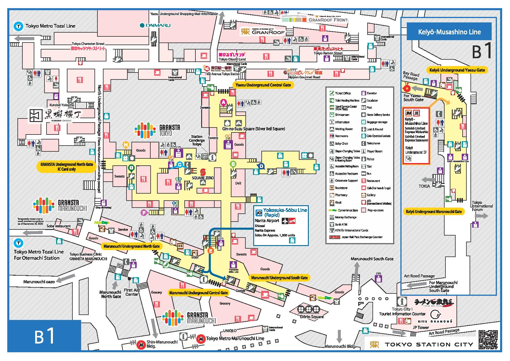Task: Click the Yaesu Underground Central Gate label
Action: [x=263, y=85]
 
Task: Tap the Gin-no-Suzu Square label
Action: [x=254, y=129]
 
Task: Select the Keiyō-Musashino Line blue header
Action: [x=449, y=32]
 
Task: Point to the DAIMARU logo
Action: [x=155, y=25]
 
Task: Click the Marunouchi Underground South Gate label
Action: [x=279, y=278]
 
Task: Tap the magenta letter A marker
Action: [x=224, y=102]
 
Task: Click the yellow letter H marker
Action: [x=126, y=144]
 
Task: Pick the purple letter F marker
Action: [x=143, y=213]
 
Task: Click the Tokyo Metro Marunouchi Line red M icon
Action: [x=201, y=339]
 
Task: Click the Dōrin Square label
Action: [x=312, y=316]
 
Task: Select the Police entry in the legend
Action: [x=370, y=159]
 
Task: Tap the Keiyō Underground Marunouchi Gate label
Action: [x=434, y=212]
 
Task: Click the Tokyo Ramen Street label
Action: [x=328, y=54]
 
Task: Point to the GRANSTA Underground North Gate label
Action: [x=67, y=167]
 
